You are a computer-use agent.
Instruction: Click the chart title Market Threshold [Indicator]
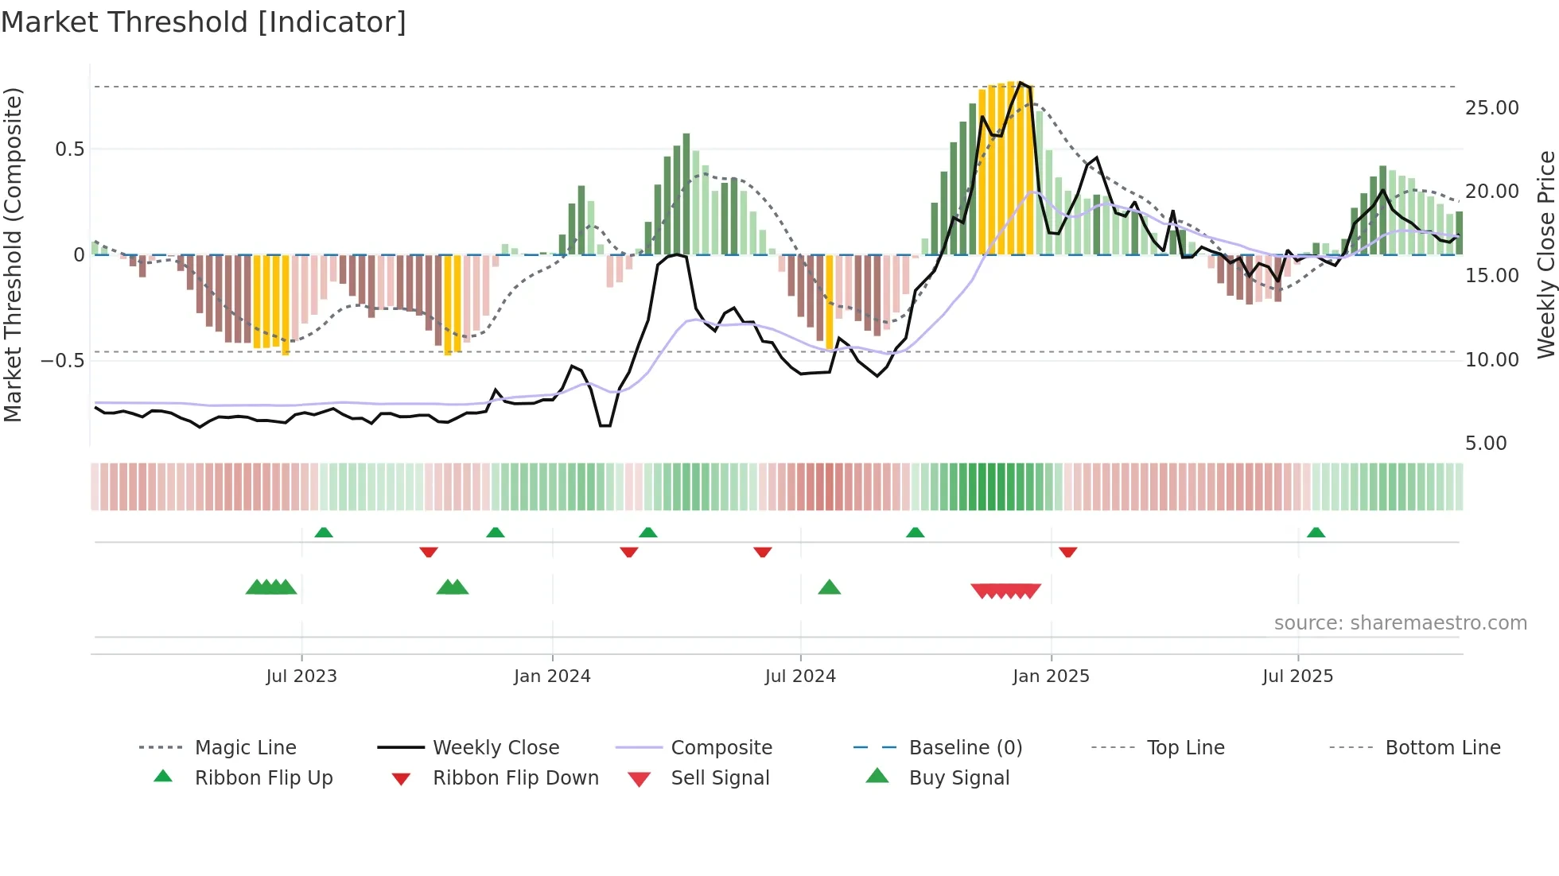pyautogui.click(x=204, y=22)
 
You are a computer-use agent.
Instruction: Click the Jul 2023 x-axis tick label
pyautogui.click(x=301, y=676)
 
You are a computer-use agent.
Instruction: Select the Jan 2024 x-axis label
pyautogui.click(x=552, y=676)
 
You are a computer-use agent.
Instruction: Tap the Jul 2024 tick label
pyautogui.click(x=800, y=676)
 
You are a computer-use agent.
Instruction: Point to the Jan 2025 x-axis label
pyautogui.click(x=1051, y=676)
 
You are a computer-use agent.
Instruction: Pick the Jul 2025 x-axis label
pyautogui.click(x=1297, y=676)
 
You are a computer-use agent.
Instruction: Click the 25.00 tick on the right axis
pyautogui.click(x=1491, y=108)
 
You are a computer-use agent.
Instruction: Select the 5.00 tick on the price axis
pyautogui.click(x=1486, y=444)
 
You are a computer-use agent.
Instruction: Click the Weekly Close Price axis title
pyautogui.click(x=1545, y=254)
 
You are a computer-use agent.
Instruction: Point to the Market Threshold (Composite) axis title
pyautogui.click(x=13, y=254)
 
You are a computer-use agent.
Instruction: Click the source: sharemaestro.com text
pyautogui.click(x=1400, y=623)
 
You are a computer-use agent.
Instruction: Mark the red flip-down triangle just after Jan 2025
pyautogui.click(x=1068, y=552)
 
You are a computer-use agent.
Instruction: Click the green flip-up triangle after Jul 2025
pyautogui.click(x=1316, y=533)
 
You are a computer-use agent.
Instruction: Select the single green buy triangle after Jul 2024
pyautogui.click(x=830, y=587)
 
